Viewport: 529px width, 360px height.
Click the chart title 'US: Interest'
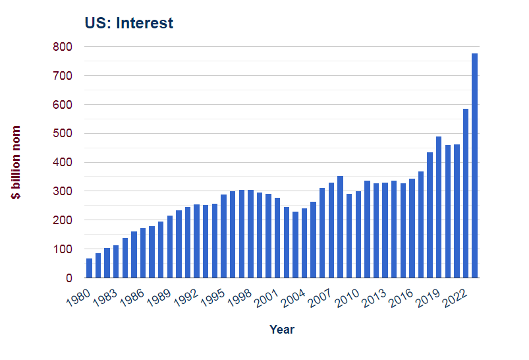tap(128, 23)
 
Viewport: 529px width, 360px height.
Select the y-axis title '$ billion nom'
tap(16, 162)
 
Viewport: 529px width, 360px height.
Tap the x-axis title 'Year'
tap(282, 329)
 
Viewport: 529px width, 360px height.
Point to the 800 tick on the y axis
tap(63, 47)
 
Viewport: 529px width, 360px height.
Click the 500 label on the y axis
tap(63, 134)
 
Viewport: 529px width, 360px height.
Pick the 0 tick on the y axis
tap(69, 278)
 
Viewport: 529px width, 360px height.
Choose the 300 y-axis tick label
tap(63, 191)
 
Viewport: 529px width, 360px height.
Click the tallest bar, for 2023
tap(474, 165)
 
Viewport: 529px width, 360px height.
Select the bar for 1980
tap(89, 268)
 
